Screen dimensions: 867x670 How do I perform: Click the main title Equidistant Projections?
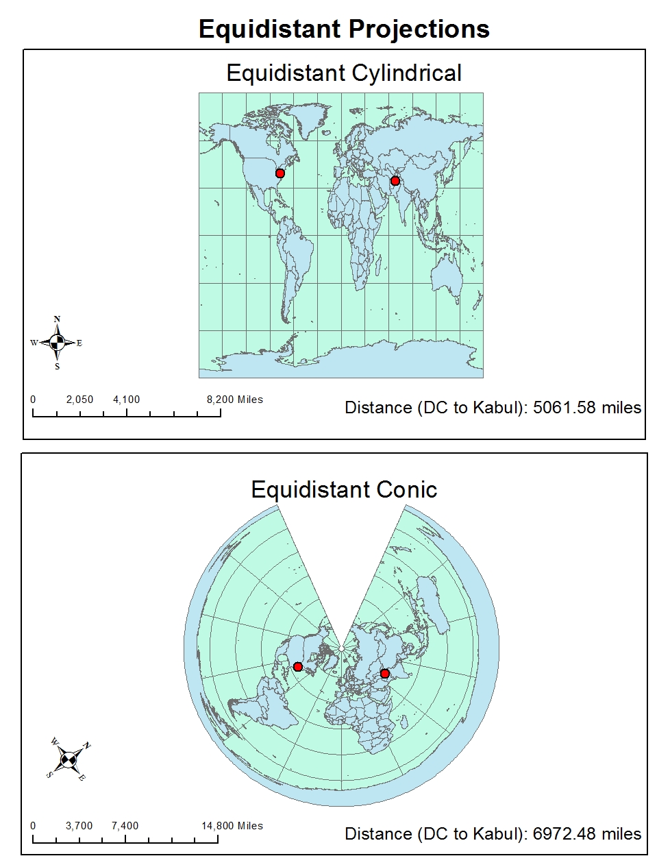click(344, 29)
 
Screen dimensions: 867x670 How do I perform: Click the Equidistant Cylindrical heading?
click(344, 73)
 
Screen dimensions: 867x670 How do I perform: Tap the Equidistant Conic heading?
click(344, 489)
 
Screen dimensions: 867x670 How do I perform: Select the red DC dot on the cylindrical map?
click(280, 173)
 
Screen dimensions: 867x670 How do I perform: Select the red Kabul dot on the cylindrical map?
click(395, 181)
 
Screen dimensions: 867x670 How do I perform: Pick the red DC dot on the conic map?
click(297, 667)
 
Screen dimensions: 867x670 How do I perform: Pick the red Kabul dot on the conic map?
click(384, 674)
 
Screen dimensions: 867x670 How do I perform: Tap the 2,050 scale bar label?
click(79, 400)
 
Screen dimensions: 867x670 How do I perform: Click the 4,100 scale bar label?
click(126, 400)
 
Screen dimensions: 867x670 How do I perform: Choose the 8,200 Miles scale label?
click(234, 400)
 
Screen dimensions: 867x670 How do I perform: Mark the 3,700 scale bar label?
click(79, 826)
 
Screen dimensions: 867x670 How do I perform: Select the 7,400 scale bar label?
click(125, 826)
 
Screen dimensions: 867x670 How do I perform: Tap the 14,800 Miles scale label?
click(232, 826)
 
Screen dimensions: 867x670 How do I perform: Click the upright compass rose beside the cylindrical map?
click(57, 343)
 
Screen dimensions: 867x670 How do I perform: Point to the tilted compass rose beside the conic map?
click(68, 759)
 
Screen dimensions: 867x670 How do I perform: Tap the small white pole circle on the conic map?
click(341, 648)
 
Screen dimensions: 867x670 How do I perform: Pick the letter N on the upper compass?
click(57, 319)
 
